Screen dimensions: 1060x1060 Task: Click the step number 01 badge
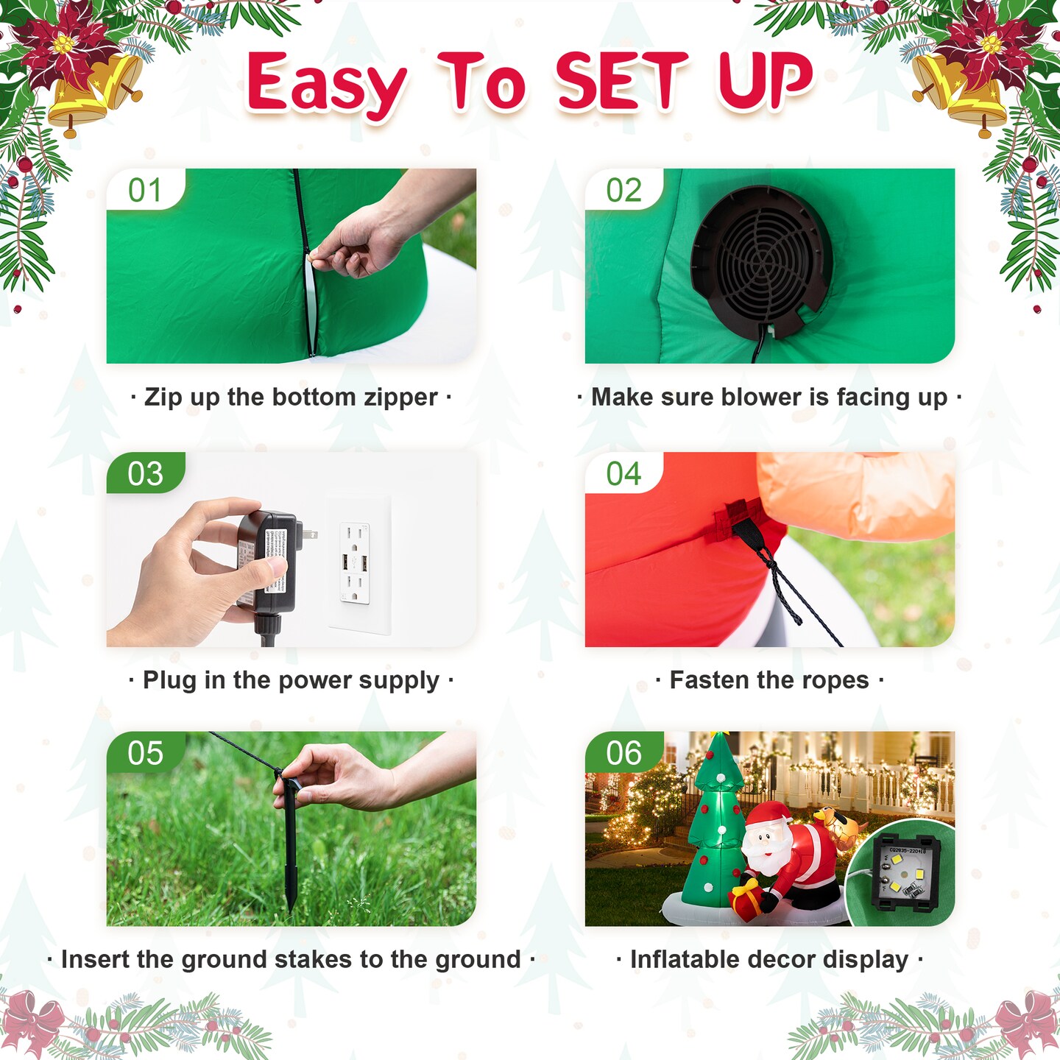(145, 189)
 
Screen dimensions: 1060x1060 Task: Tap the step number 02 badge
(623, 189)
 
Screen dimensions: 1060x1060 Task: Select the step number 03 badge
(145, 473)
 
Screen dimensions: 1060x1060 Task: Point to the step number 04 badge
(623, 473)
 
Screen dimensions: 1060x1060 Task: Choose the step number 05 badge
(145, 752)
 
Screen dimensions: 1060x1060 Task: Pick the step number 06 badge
(623, 752)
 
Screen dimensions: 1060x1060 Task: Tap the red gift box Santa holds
(746, 900)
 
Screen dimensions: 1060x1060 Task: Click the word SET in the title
(621, 82)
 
